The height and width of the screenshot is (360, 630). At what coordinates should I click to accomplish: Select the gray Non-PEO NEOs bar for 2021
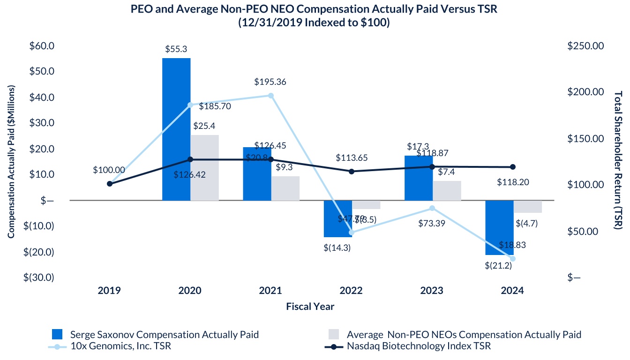click(x=285, y=188)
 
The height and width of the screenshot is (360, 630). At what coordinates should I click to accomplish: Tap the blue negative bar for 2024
click(x=499, y=227)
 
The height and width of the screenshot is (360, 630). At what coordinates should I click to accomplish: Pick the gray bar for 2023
click(x=447, y=191)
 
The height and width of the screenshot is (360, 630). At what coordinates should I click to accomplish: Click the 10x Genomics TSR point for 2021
click(x=270, y=96)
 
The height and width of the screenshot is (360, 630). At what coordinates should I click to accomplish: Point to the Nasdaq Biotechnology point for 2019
click(x=110, y=184)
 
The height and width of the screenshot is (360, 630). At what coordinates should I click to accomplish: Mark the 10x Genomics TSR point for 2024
click(x=512, y=259)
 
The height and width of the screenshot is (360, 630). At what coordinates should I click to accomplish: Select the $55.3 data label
click(x=176, y=49)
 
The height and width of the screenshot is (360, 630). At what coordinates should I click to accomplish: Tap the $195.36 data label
click(x=270, y=82)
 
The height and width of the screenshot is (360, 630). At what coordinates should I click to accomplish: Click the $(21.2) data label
click(x=498, y=266)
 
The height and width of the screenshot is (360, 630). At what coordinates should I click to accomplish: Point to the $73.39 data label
click(x=432, y=223)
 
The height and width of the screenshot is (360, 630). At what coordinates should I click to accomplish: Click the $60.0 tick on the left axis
click(x=42, y=46)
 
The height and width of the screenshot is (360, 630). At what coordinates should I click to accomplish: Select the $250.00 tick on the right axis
click(x=585, y=46)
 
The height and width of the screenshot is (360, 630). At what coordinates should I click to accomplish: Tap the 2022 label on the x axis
click(x=351, y=291)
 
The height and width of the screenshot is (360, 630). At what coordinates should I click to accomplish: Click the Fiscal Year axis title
click(x=310, y=307)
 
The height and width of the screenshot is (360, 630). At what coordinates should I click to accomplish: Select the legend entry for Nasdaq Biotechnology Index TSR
click(x=419, y=346)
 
